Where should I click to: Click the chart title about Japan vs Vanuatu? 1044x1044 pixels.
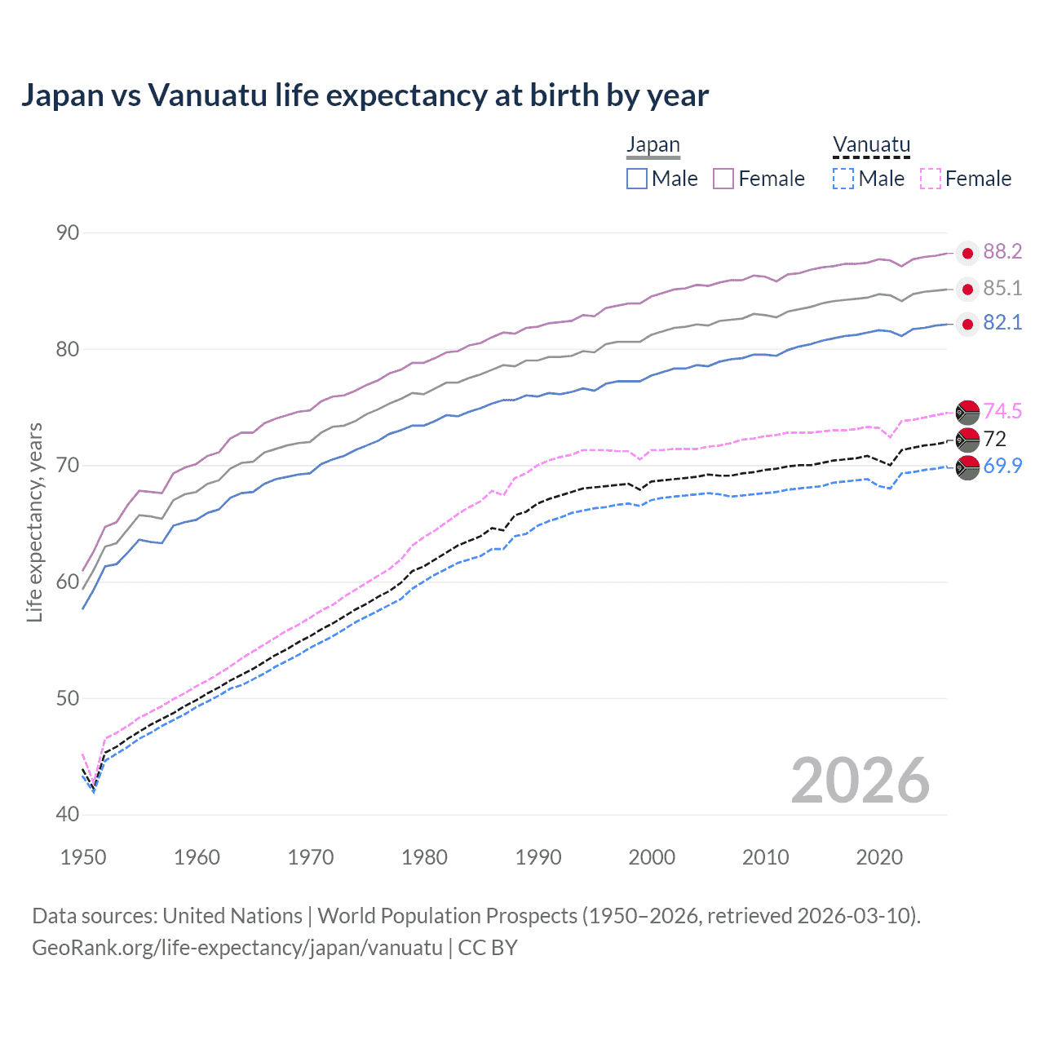pos(365,95)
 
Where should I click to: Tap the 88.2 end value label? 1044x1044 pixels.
pos(1002,252)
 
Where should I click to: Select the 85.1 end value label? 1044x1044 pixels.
pos(1002,288)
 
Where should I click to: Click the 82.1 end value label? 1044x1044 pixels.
pos(1002,323)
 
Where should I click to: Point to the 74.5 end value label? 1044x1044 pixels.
pos(1002,411)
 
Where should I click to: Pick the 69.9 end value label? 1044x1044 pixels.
pos(1002,467)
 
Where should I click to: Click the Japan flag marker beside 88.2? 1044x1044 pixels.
pos(967,254)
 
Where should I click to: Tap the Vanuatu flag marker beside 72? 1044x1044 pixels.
pos(967,440)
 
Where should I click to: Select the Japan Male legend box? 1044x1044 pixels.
pos(637,179)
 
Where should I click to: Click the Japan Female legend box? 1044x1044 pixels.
pos(723,179)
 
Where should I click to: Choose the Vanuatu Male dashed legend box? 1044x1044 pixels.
pos(843,179)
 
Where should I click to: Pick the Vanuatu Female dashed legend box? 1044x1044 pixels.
pos(931,179)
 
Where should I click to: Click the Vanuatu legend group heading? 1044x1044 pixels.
pos(871,145)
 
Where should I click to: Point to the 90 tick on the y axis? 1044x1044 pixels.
pos(68,233)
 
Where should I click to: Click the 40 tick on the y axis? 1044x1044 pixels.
pos(68,814)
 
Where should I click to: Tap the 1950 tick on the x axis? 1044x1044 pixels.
pos(83,857)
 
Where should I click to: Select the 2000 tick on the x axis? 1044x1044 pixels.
pos(652,857)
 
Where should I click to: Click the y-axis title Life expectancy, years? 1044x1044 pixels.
pos(35,522)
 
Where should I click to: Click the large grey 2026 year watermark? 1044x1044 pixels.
pos(860,781)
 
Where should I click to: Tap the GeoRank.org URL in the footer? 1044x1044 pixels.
pos(237,948)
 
